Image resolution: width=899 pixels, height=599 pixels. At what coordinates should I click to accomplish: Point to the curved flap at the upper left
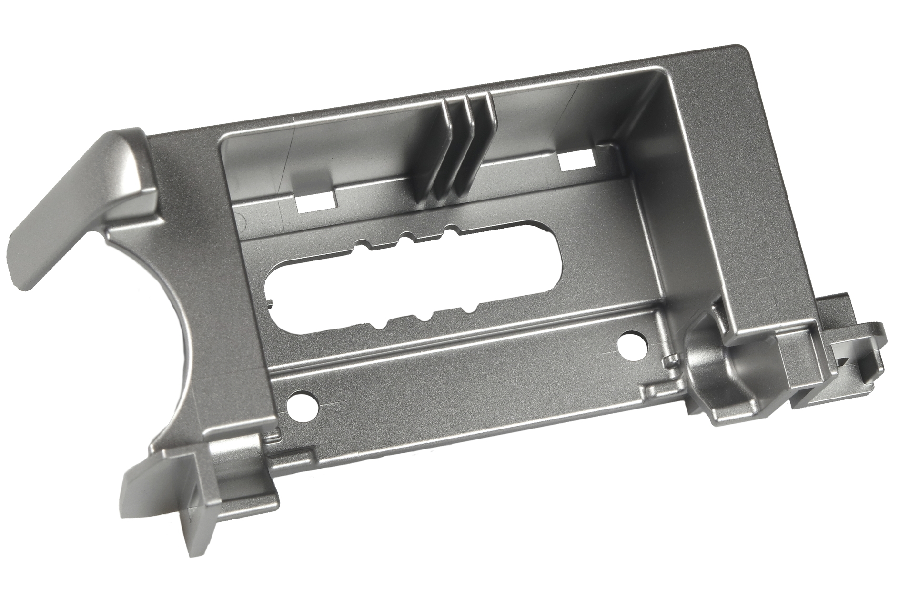click(81, 200)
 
